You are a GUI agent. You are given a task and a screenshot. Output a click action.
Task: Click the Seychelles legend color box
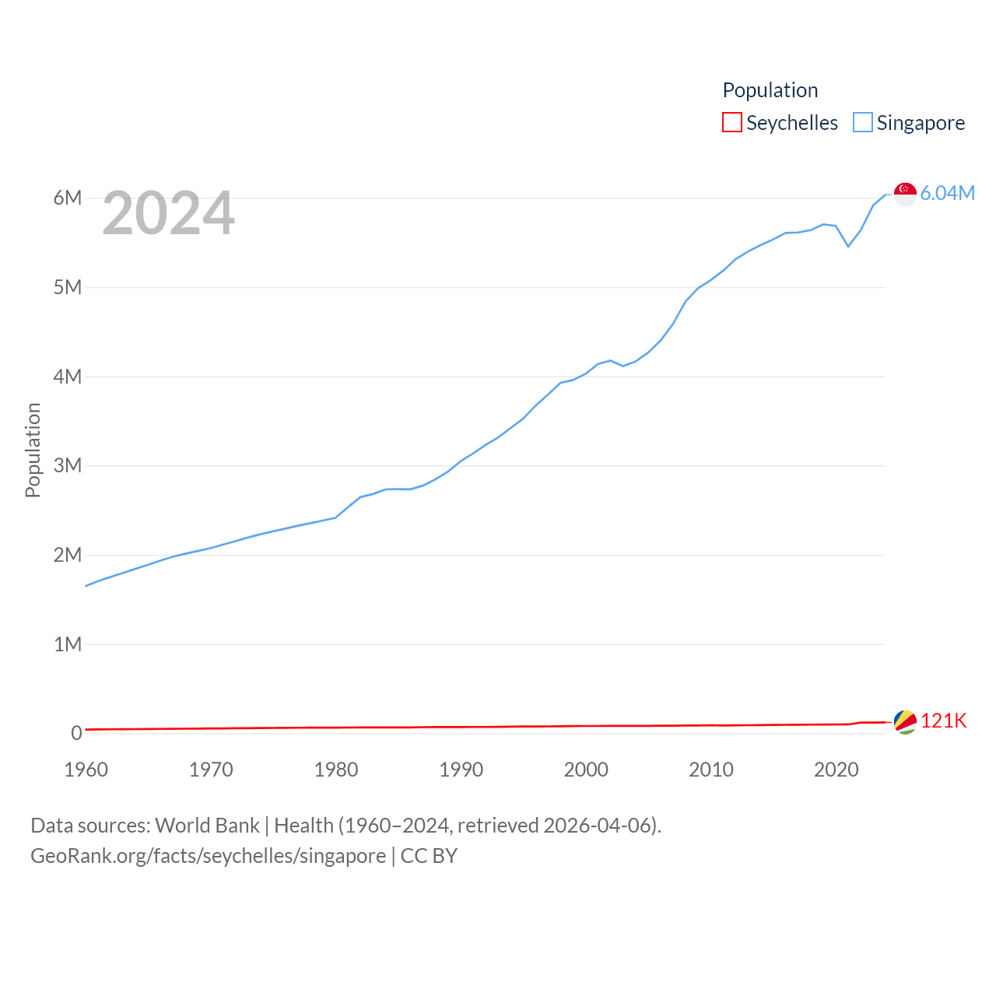pos(732,123)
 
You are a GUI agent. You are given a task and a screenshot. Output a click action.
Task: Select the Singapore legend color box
pos(863,123)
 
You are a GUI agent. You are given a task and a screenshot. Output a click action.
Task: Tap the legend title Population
pos(770,90)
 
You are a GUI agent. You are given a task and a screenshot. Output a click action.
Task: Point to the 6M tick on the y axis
pos(68,198)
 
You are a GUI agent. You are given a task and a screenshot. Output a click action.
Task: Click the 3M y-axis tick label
pos(68,465)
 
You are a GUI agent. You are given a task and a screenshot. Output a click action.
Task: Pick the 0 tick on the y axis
pos(76,733)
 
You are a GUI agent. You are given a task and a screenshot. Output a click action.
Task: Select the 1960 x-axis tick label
pos(86,770)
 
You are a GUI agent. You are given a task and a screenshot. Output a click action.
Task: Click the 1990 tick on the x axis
pos(461,770)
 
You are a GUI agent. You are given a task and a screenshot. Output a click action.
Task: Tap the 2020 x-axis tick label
pos(836,770)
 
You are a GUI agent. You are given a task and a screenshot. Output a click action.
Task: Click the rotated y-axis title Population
pos(33,450)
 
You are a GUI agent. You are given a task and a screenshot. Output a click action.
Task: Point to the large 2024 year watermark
pos(168,213)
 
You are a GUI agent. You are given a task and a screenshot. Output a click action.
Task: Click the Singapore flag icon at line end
pos(905,194)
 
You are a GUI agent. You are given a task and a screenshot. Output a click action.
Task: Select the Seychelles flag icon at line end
pos(905,721)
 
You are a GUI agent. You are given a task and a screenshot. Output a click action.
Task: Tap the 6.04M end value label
pos(948,194)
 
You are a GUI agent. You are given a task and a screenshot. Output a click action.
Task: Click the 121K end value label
pos(943,721)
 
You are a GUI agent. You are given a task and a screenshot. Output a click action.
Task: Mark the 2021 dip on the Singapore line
pos(848,246)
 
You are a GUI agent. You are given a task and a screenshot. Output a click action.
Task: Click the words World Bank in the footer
pos(207,826)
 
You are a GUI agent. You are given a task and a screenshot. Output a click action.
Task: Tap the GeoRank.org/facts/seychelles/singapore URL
pos(208,856)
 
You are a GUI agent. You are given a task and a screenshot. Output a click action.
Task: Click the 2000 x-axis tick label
pos(586,770)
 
